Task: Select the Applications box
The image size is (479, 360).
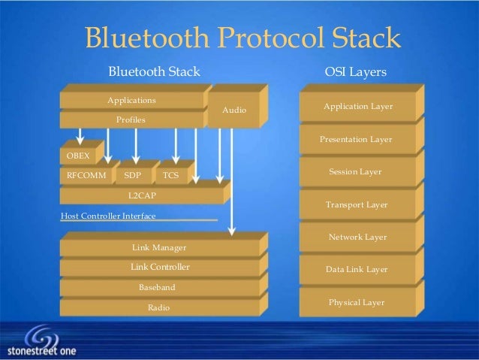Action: pos(131,100)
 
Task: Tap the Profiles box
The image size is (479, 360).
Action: pos(131,119)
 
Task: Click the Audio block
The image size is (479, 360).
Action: pos(234,110)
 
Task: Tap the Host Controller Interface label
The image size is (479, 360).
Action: pos(107,216)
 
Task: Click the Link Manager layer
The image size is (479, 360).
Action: pos(158,247)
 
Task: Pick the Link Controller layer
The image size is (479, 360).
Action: pos(160,267)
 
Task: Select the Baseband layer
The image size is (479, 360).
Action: pos(158,287)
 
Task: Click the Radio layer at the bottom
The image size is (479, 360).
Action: pos(158,307)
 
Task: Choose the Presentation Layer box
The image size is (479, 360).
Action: pos(356,140)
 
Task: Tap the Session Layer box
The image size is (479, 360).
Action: pos(356,172)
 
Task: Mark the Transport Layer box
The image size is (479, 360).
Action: pos(356,204)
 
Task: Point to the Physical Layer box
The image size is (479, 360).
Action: pos(356,302)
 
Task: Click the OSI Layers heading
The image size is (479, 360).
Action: pos(355,72)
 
